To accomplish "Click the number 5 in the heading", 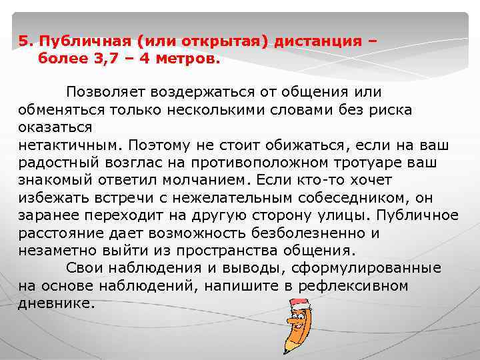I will (23, 41).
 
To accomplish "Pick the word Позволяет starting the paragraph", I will (104, 91).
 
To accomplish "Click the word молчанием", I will (214, 180).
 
